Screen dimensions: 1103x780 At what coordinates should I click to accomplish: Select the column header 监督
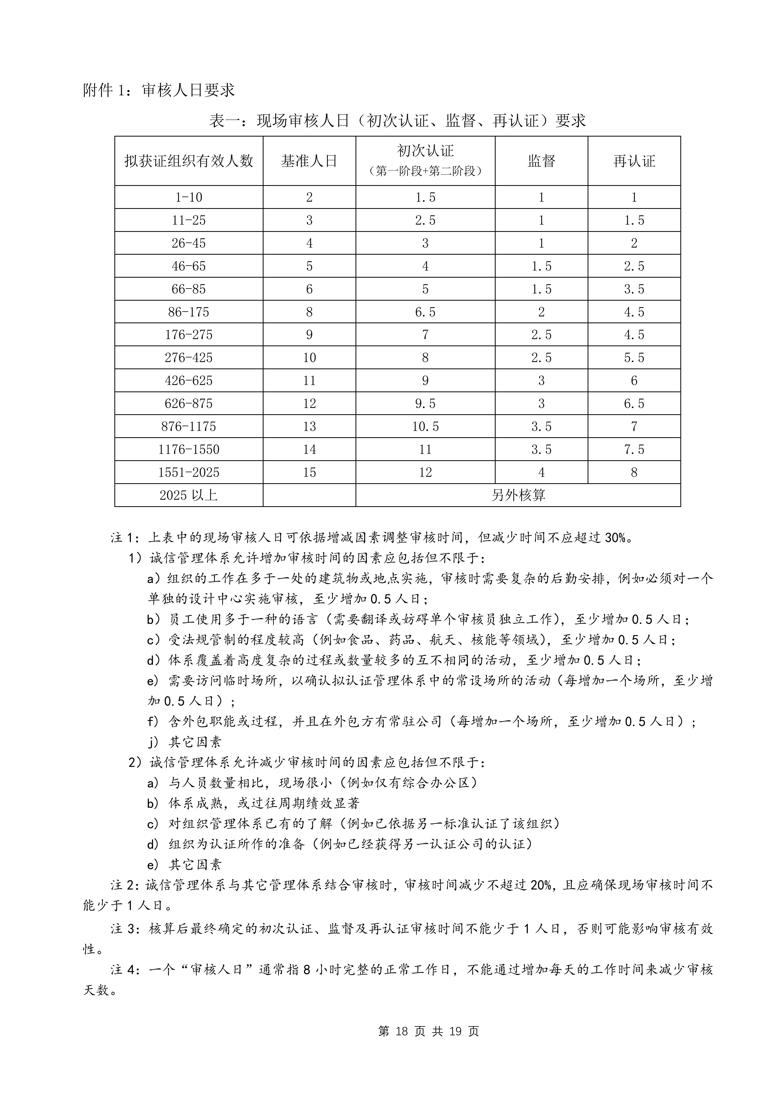541,161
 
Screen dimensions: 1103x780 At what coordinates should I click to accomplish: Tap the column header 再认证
634,161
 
